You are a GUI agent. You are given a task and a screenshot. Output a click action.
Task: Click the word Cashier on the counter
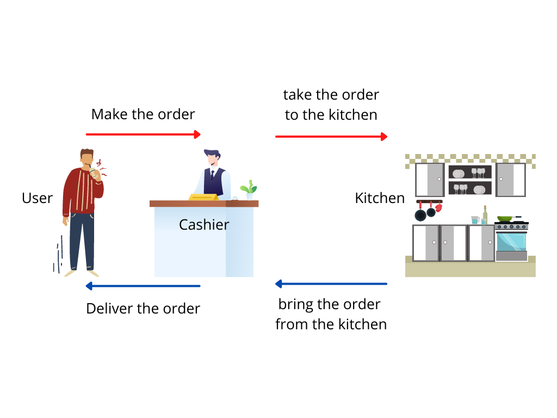(x=204, y=225)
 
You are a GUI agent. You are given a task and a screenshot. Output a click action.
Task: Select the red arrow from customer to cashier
(x=143, y=134)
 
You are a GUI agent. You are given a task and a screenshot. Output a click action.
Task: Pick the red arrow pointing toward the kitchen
(x=331, y=136)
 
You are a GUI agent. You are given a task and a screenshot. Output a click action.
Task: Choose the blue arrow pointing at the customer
(x=143, y=286)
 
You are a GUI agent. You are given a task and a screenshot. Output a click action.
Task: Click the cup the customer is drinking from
(x=94, y=173)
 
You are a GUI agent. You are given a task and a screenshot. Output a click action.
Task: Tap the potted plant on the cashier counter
(x=249, y=189)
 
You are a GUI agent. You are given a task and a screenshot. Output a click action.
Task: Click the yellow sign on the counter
(x=204, y=196)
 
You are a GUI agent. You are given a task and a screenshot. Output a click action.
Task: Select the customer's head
(x=87, y=158)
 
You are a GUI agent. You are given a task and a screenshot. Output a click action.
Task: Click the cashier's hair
(x=212, y=153)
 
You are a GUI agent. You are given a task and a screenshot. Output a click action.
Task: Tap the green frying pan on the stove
(x=505, y=218)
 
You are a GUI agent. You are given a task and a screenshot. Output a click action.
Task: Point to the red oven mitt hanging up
(x=438, y=207)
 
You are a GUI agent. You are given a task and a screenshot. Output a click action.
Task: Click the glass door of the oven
(x=511, y=242)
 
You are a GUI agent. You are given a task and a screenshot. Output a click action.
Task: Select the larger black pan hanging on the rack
(x=420, y=215)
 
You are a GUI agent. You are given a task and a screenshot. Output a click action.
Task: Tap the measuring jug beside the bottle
(x=475, y=220)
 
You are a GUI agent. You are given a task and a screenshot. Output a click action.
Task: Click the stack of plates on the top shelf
(x=458, y=174)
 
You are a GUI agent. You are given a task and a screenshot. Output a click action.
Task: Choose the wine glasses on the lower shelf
(x=461, y=189)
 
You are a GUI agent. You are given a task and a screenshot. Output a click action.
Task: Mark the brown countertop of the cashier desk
(x=204, y=204)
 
